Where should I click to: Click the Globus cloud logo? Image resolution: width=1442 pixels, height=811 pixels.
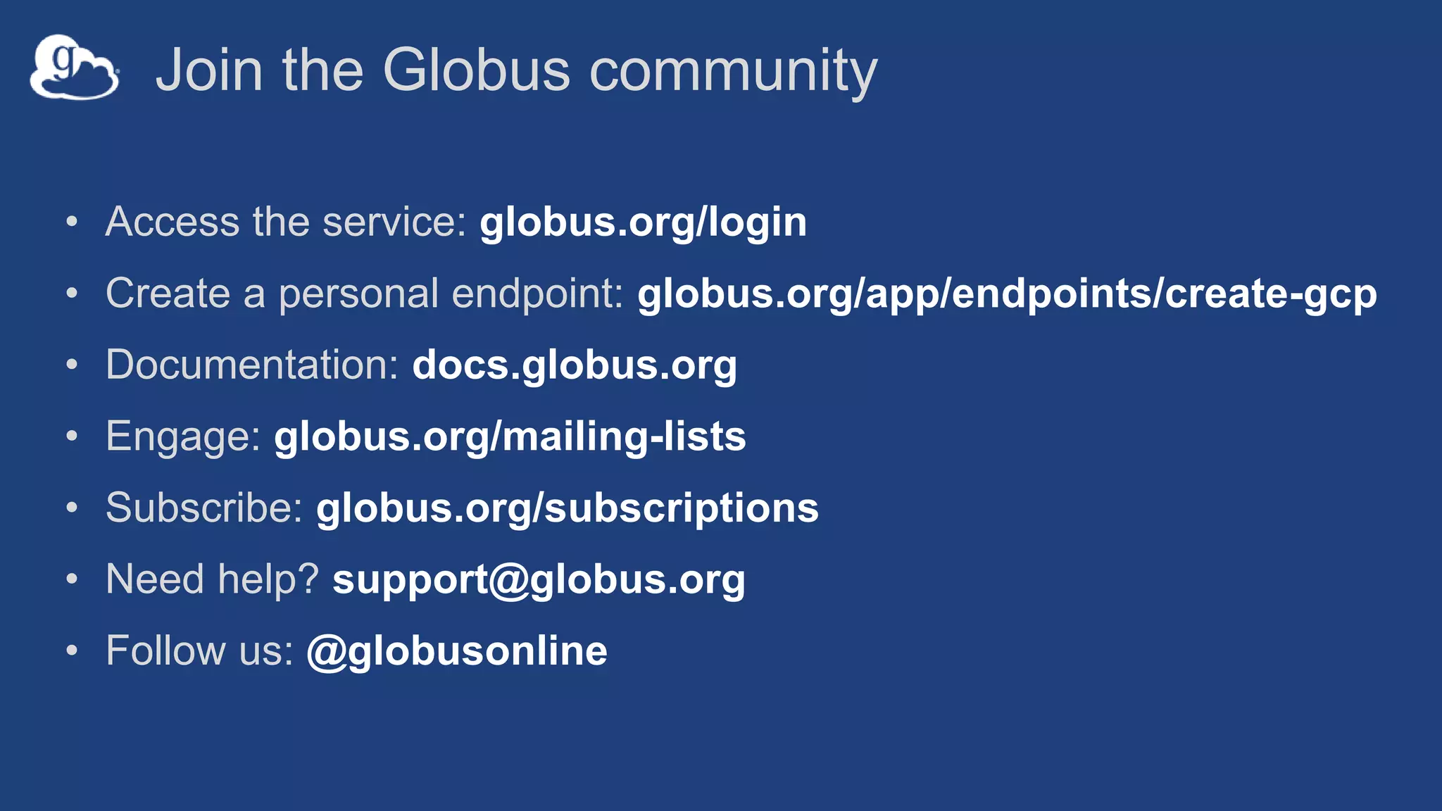tap(74, 67)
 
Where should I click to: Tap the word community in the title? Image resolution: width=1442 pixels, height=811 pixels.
tap(733, 71)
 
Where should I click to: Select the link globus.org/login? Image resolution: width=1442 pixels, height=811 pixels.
tap(643, 222)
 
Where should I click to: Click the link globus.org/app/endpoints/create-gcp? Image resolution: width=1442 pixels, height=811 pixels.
tap(1007, 294)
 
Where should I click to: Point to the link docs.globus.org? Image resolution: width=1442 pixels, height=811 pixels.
tap(575, 365)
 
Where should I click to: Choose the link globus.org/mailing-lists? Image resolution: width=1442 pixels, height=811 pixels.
tap(510, 437)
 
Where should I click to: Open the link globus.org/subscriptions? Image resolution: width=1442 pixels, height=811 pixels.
tap(568, 508)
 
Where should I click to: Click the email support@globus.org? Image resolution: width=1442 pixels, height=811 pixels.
tap(539, 580)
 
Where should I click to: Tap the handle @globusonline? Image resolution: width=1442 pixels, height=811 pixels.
tap(457, 651)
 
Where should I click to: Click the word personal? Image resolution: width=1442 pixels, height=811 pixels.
tap(359, 294)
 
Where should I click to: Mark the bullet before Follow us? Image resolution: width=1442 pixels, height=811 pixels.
tap(72, 651)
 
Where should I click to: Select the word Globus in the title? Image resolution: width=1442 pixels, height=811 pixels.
tap(476, 70)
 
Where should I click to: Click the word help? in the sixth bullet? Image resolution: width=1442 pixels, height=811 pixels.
tap(268, 580)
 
